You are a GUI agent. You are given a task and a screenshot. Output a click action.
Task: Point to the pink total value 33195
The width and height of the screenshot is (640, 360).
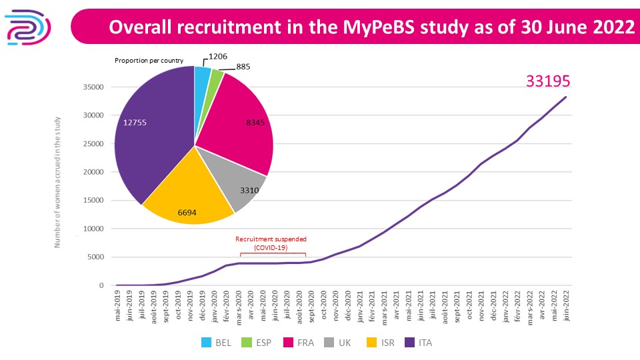pos(549,81)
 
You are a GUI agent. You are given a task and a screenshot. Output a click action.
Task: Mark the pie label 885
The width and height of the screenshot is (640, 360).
pos(245,67)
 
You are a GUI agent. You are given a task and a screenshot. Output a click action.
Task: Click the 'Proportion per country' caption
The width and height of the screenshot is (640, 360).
pos(149,61)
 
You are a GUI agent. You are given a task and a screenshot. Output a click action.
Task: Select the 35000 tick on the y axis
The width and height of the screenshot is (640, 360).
pos(92,87)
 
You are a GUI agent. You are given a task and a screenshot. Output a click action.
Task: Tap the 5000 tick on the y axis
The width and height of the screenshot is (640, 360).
pos(95,257)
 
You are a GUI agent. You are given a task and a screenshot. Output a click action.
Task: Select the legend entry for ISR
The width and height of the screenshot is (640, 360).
pos(380,343)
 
